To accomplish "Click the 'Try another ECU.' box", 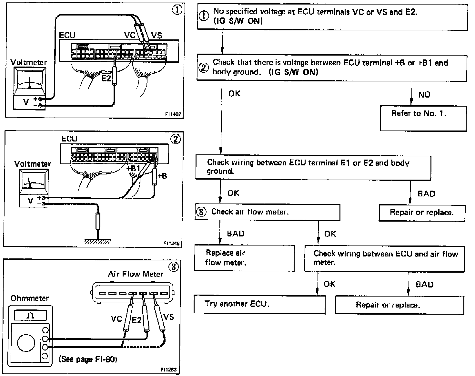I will (x=259, y=304).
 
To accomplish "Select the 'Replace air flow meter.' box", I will (x=244, y=258).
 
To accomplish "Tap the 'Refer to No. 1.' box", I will (x=423, y=118).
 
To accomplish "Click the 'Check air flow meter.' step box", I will (x=267, y=212).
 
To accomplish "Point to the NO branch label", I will (x=424, y=95).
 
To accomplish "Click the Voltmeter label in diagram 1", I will (x=29, y=62).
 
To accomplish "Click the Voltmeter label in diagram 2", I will (x=33, y=164).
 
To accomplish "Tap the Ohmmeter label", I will (x=29, y=298).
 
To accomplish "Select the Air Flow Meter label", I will (x=136, y=274).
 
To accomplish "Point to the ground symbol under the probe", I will (x=98, y=241).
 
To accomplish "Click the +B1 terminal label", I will (x=133, y=169).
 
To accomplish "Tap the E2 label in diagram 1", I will (x=106, y=78).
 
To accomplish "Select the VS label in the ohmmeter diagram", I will (x=168, y=317).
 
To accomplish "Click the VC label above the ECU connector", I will (x=130, y=35).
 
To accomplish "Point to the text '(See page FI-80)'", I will (x=88, y=359).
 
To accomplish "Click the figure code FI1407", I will (x=173, y=114).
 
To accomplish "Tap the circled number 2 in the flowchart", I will (x=203, y=68).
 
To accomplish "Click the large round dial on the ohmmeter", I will (x=26, y=343).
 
